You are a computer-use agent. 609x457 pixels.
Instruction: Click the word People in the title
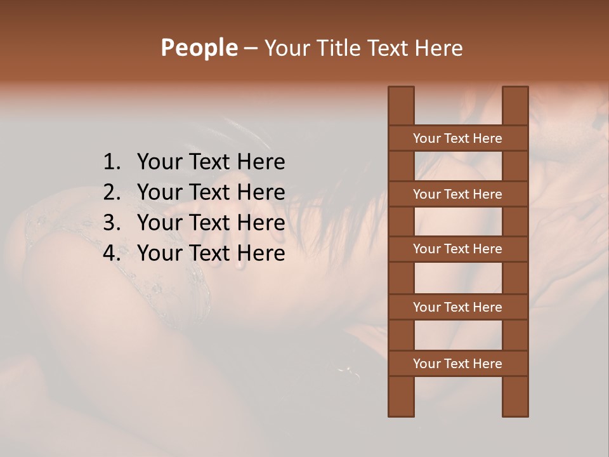[x=199, y=48]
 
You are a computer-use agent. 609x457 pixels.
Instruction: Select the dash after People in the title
[x=251, y=48]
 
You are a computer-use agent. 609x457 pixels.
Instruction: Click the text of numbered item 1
[x=211, y=162]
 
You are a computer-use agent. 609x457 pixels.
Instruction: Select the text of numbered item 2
[x=211, y=192]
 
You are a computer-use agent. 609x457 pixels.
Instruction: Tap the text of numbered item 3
[x=211, y=223]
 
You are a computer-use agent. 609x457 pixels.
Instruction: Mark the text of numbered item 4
[x=211, y=253]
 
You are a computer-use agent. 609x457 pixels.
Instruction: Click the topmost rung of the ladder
[x=457, y=138]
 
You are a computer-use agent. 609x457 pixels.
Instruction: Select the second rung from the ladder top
[x=457, y=194]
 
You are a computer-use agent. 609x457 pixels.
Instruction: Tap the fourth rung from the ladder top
[x=457, y=307]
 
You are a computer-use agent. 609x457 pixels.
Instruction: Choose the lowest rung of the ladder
[x=457, y=364]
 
